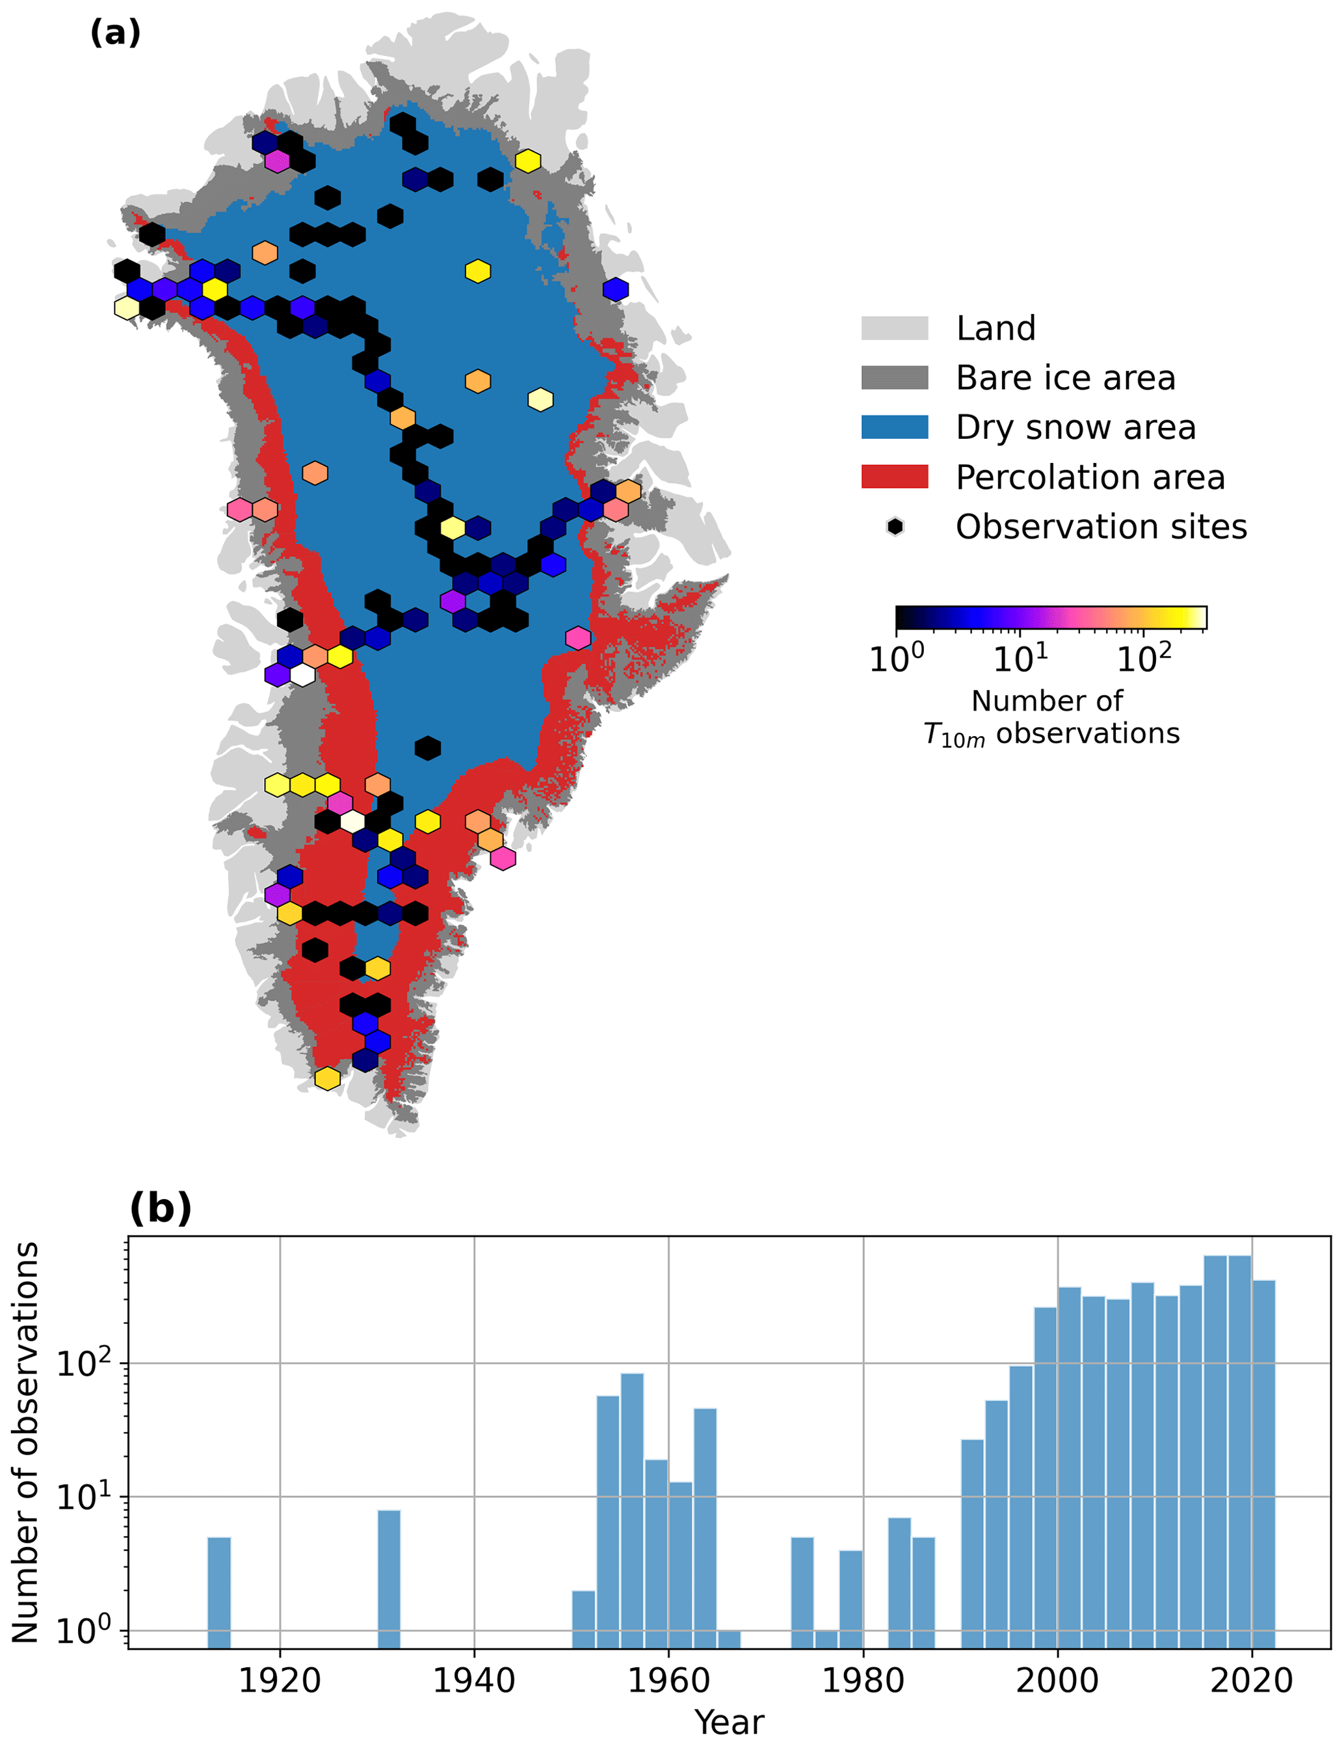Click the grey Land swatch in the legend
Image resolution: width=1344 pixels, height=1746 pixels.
coord(894,328)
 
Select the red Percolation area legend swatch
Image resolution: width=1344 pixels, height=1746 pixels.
coord(894,477)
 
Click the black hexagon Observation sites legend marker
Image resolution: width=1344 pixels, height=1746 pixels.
coord(895,527)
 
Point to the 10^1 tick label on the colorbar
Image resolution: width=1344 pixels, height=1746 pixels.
coord(1020,659)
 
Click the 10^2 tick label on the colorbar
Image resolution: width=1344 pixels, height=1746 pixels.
coord(1142,659)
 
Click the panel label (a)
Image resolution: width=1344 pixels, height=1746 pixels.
coord(115,34)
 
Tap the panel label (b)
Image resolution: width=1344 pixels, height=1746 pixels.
coord(161,1208)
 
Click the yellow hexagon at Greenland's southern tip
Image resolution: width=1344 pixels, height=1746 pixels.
coord(327,1078)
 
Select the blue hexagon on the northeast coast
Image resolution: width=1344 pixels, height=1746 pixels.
coord(615,289)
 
